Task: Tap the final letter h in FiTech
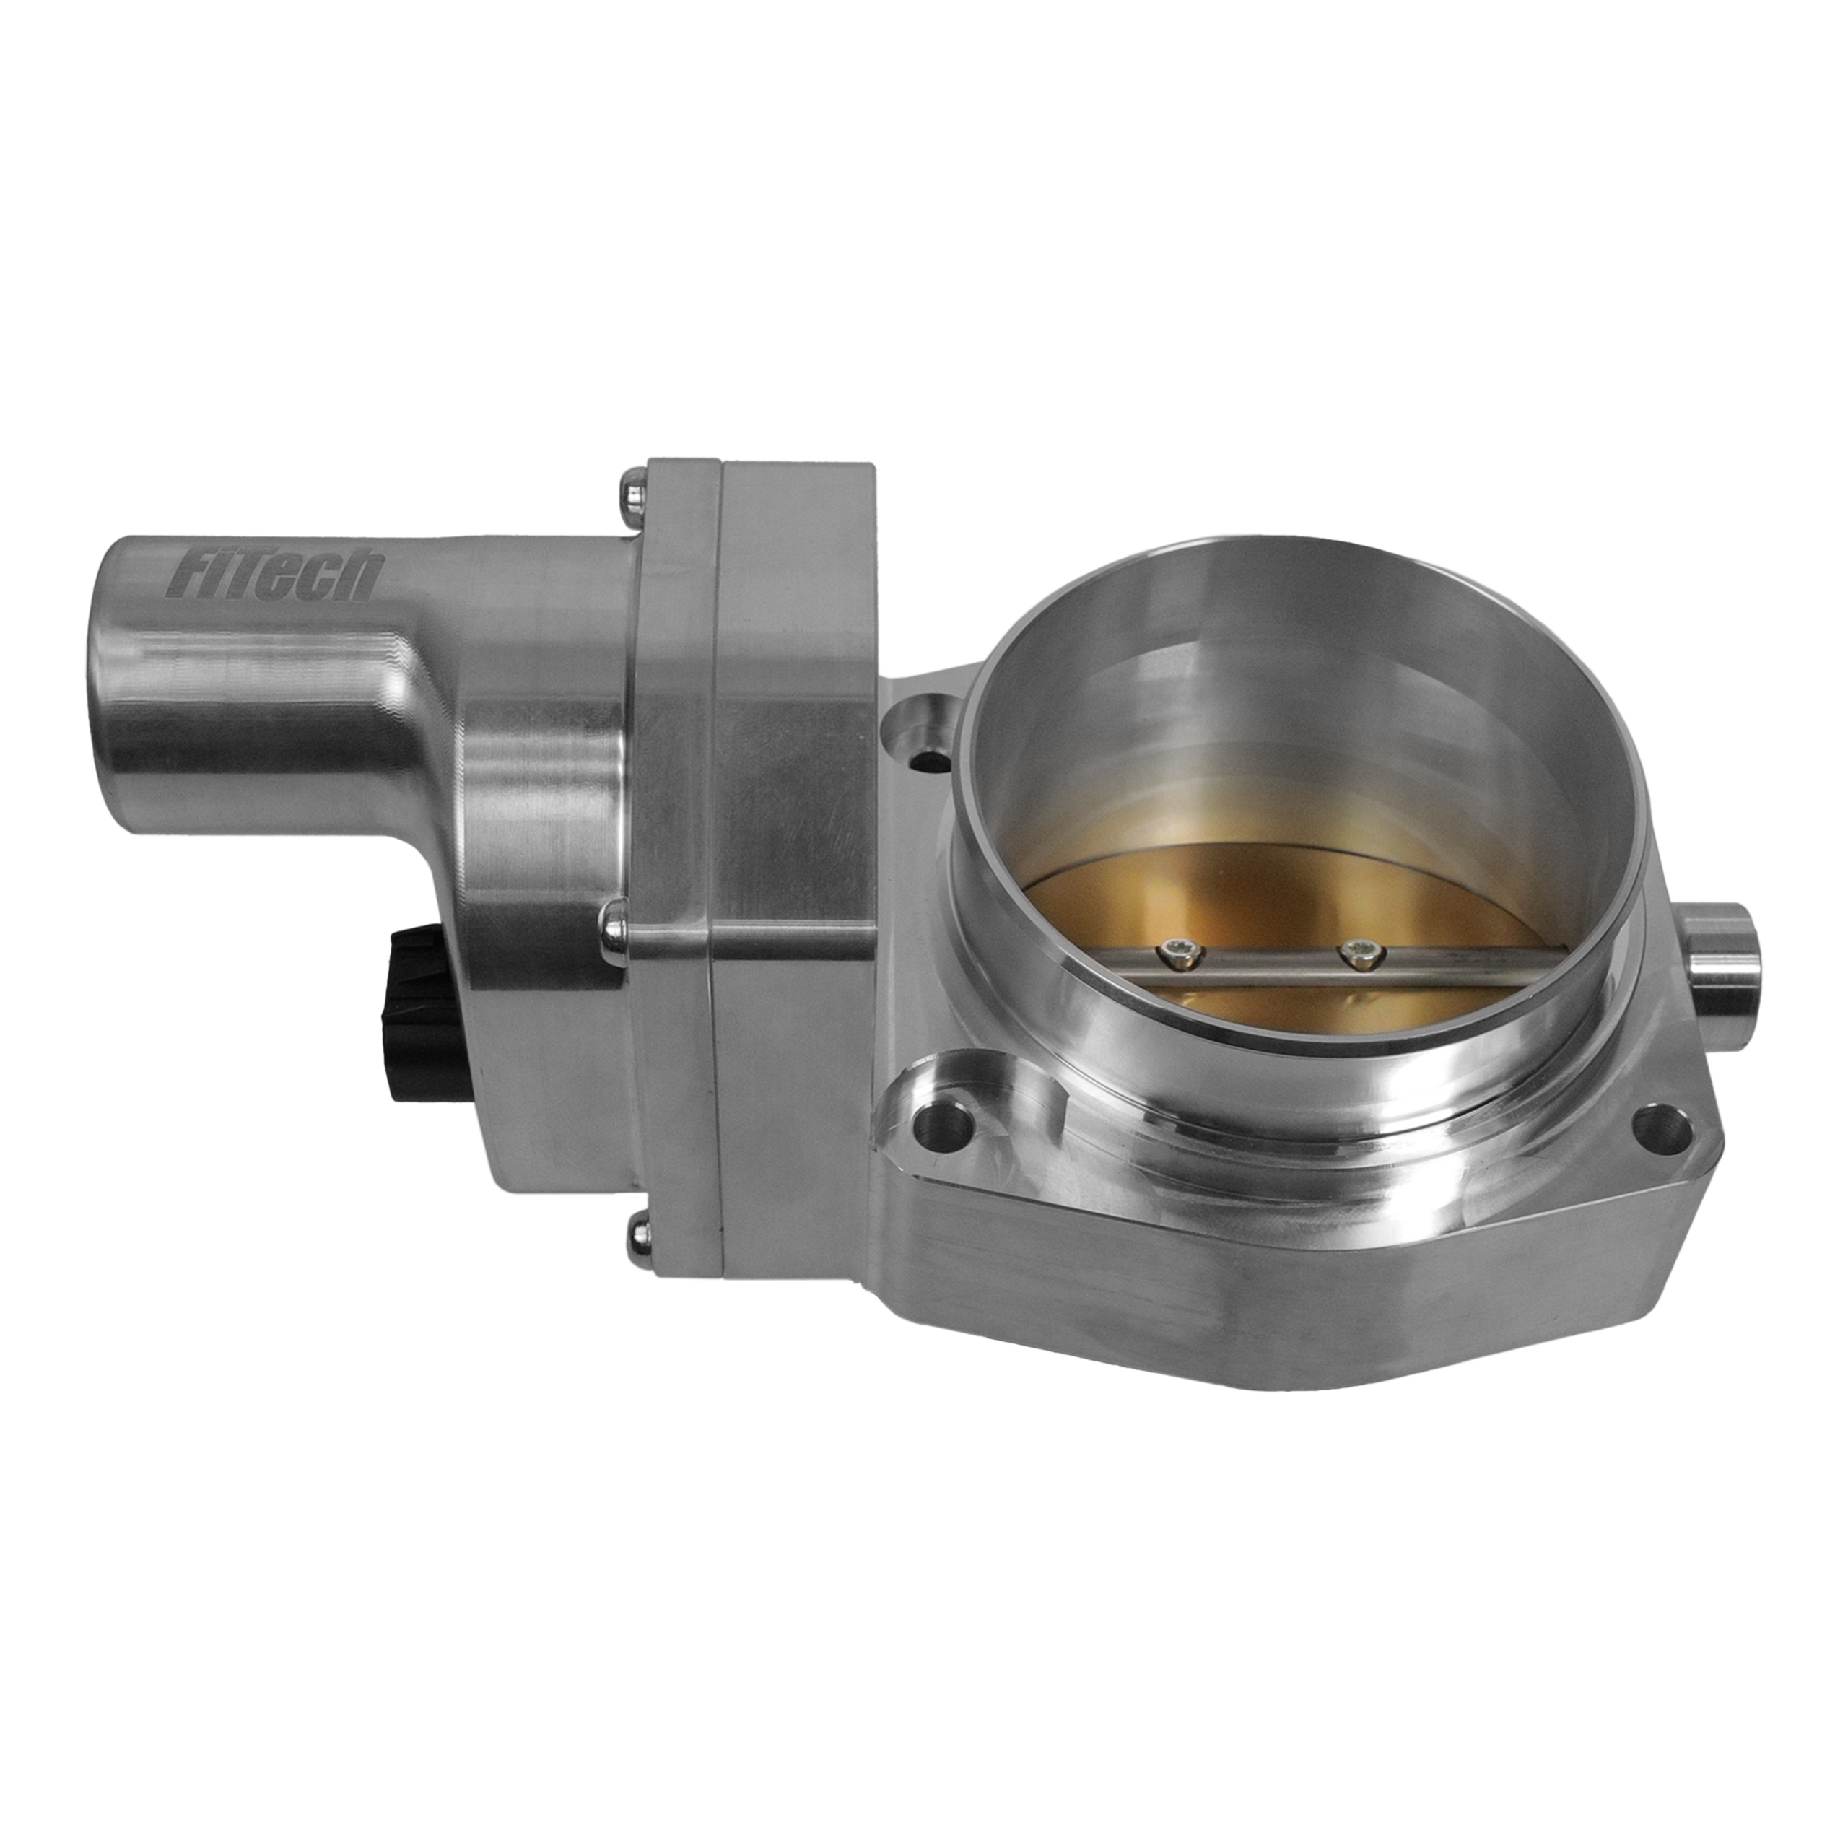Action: [x=365, y=579]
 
